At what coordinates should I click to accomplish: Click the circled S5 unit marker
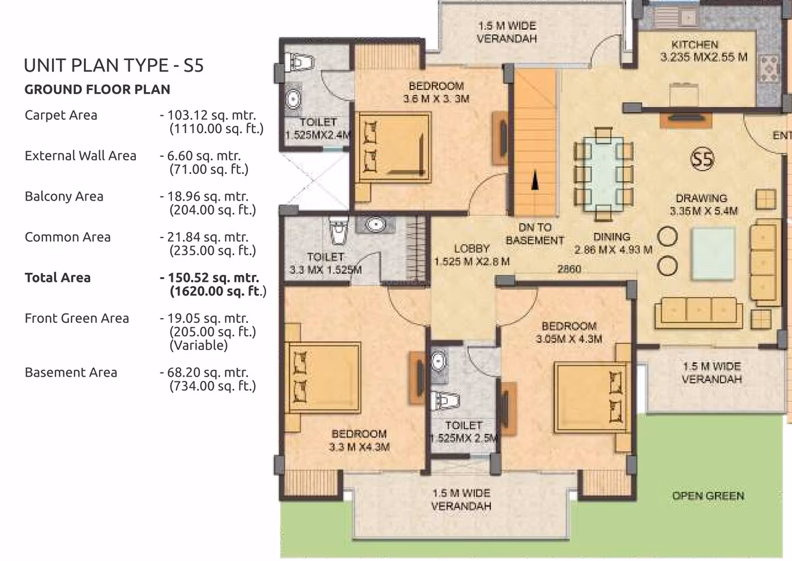(702, 159)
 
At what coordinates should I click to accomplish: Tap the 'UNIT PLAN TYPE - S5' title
(113, 66)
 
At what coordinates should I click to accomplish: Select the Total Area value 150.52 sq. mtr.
(209, 278)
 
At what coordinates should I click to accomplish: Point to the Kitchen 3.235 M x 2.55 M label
(703, 51)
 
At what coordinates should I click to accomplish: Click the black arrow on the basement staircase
(535, 180)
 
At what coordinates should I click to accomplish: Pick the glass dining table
(603, 173)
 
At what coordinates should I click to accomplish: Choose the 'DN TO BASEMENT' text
(535, 234)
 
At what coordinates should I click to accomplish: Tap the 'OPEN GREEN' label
(708, 496)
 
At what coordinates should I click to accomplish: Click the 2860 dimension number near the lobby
(569, 269)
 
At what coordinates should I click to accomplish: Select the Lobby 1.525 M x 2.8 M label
(472, 255)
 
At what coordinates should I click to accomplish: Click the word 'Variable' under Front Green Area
(199, 345)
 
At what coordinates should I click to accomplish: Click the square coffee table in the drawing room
(713, 253)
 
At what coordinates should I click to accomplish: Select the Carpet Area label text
(61, 115)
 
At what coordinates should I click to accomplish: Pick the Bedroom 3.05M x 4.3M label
(569, 332)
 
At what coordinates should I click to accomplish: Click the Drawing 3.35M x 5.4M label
(703, 204)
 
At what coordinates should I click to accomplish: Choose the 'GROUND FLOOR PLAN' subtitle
(98, 89)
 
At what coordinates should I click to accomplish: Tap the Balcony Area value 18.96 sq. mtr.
(208, 197)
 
